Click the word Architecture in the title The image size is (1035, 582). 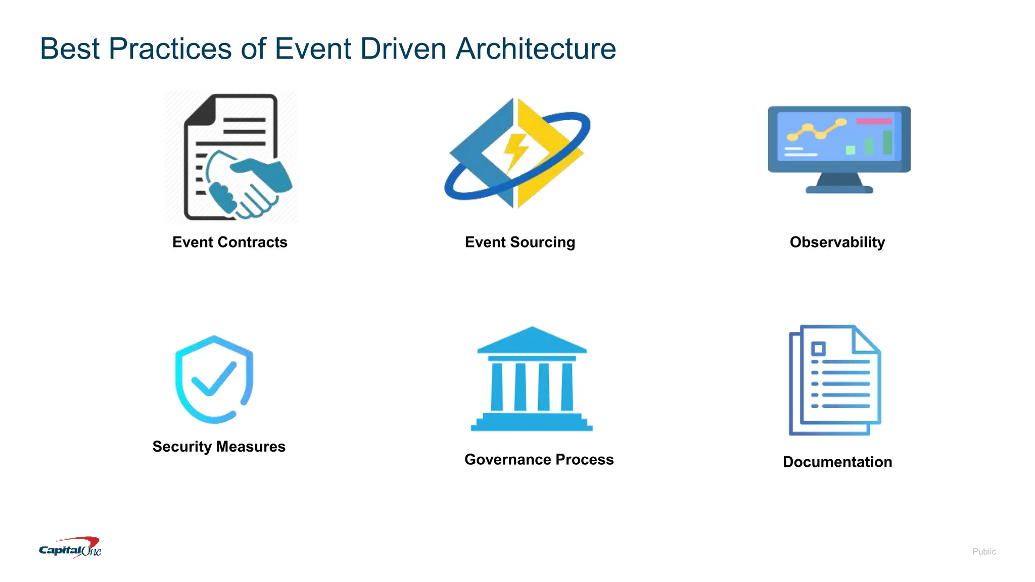coord(536,49)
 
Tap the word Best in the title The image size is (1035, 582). coord(70,49)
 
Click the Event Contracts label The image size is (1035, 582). coord(229,242)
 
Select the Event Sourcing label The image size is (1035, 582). coord(520,242)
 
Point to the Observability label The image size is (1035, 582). coord(837,242)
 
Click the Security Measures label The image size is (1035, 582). coord(219,447)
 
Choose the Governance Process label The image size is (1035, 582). coord(539,459)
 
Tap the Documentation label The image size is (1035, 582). coord(837,462)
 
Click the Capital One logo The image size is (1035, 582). coord(70,548)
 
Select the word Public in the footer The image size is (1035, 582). coord(983,551)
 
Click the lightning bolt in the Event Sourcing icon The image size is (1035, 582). coord(515,151)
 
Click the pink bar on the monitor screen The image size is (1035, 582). coord(873,121)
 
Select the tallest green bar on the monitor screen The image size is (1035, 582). coord(887,142)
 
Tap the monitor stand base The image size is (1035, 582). coord(839,189)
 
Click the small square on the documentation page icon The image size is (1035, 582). coord(818,349)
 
